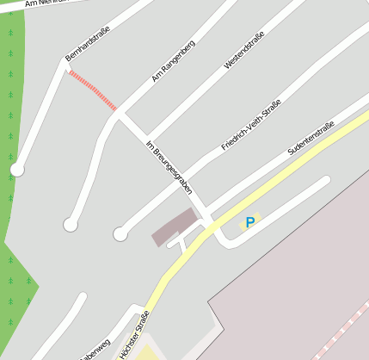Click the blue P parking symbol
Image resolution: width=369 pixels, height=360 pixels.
coord(250,222)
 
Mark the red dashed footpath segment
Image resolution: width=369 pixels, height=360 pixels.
coord(92,90)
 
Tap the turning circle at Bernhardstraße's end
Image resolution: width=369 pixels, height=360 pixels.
coord(17,170)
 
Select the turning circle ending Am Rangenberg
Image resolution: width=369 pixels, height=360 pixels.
coord(71,225)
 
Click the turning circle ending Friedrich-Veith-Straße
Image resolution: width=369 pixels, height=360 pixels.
coord(120,233)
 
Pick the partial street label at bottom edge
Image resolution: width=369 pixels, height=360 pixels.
coord(95,350)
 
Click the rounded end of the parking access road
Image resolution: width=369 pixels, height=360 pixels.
coord(325,181)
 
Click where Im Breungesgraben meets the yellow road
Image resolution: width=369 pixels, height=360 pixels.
coord(209,221)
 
